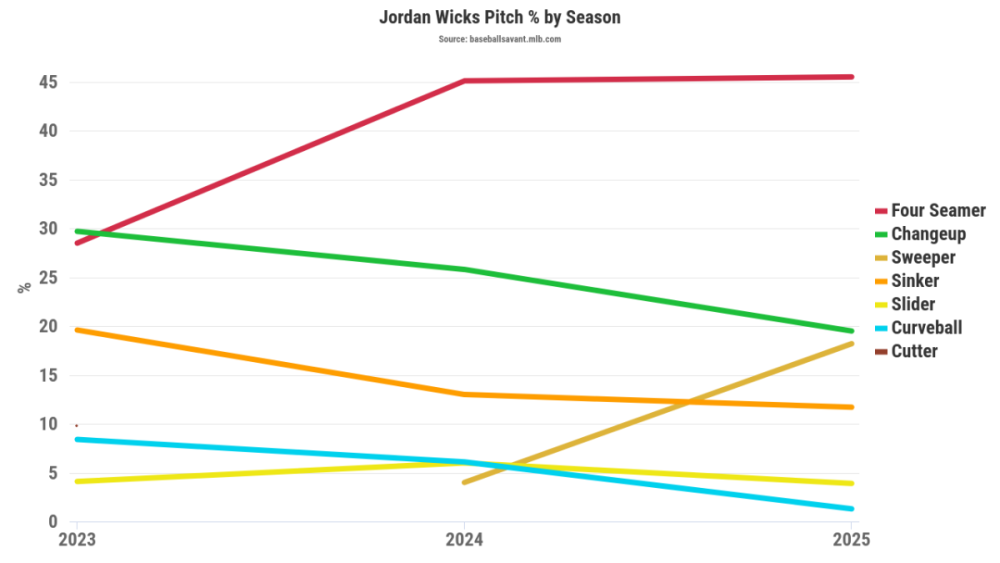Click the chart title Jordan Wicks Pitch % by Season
[x=499, y=18]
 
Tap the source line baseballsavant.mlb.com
[x=499, y=39]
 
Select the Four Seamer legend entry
[x=938, y=211]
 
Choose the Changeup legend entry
[x=928, y=234]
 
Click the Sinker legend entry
[x=915, y=281]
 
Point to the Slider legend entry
[x=913, y=304]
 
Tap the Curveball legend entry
[x=926, y=328]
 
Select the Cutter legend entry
[x=914, y=351]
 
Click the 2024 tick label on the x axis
[x=465, y=541]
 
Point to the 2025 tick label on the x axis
[x=852, y=541]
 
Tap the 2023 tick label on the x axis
[x=77, y=541]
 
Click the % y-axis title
[x=24, y=288]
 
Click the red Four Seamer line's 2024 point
[x=465, y=81]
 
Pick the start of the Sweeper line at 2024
[x=465, y=482]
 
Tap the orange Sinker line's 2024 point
[x=465, y=394]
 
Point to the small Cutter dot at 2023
[x=76, y=425]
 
